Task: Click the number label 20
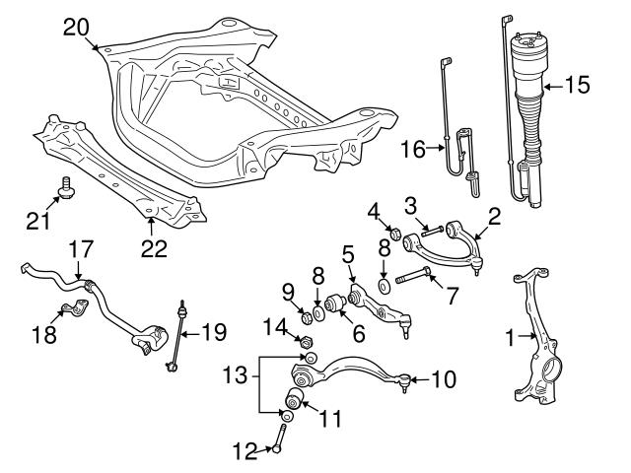(x=76, y=27)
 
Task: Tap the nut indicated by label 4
(x=393, y=234)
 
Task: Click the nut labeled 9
(x=305, y=317)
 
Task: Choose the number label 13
(x=233, y=375)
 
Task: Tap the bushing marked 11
(x=293, y=399)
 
